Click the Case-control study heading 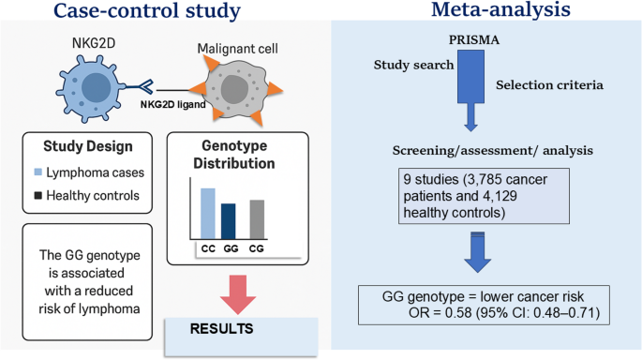(x=147, y=10)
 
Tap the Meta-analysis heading (x=500, y=9)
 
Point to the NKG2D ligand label (x=172, y=104)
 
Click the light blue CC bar (x=207, y=214)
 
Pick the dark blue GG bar (x=228, y=221)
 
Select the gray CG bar (x=257, y=219)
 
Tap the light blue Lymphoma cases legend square (x=38, y=172)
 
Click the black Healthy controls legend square (x=38, y=195)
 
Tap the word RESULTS (x=221, y=329)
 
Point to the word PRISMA (x=474, y=40)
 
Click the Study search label (x=413, y=65)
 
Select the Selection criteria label (x=549, y=84)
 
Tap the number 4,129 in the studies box (x=498, y=196)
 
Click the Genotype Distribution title (x=234, y=155)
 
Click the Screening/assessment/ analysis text (x=493, y=151)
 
